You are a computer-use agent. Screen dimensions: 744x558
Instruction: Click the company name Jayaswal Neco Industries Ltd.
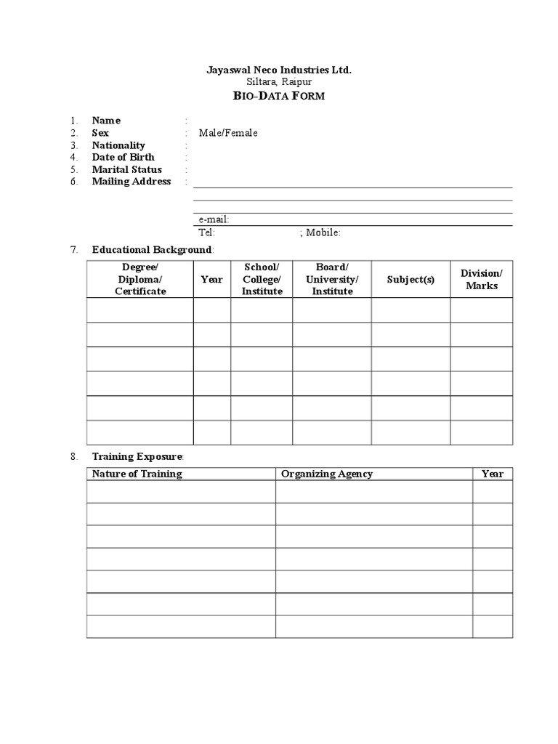pos(279,70)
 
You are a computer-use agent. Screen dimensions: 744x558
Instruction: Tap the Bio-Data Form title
pos(279,96)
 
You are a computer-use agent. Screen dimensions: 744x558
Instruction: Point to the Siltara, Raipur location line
pos(279,82)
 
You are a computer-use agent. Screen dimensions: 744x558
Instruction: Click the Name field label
pos(106,121)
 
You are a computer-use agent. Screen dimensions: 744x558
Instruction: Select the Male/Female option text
pos(228,133)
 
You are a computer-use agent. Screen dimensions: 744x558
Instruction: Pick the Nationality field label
pos(118,145)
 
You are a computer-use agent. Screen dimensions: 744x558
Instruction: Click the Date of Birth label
pos(123,157)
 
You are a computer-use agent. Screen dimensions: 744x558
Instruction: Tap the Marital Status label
pos(126,169)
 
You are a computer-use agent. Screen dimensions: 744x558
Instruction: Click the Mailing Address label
pos(131,182)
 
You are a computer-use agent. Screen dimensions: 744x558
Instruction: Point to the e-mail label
pos(214,219)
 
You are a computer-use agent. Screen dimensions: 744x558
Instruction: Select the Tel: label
pos(206,232)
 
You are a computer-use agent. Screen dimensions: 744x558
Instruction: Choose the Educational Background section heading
pos(152,250)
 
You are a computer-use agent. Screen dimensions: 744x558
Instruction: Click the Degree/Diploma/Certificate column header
pos(140,280)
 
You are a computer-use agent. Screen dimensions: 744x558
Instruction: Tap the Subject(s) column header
pos(411,280)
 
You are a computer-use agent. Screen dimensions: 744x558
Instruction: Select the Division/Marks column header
pos(481,280)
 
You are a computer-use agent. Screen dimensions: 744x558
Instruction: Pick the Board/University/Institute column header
pos(332,280)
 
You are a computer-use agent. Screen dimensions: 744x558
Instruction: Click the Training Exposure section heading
pos(137,457)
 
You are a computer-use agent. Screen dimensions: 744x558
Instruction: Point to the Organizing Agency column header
pos(327,474)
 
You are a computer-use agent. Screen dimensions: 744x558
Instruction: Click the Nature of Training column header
pos(137,474)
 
